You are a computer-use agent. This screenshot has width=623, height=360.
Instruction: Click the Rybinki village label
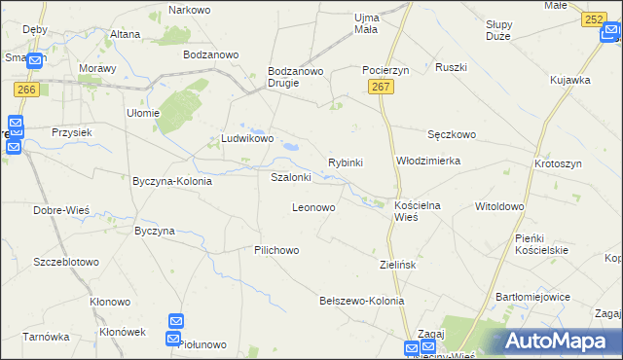click(346, 162)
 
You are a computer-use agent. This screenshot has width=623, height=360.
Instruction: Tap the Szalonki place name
click(290, 178)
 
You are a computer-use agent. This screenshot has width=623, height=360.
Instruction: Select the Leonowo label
click(313, 208)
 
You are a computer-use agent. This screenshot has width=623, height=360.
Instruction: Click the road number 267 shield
click(382, 89)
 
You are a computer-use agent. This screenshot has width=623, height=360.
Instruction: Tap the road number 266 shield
click(26, 90)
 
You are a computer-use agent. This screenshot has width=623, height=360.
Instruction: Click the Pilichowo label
click(276, 250)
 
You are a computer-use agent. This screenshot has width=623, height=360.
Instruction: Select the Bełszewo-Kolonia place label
click(361, 302)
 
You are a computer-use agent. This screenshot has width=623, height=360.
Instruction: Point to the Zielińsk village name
click(398, 264)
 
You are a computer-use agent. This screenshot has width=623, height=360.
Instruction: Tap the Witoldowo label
click(498, 207)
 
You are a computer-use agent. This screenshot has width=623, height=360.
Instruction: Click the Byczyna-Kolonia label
click(172, 181)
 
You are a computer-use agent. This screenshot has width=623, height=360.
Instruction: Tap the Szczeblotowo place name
click(66, 263)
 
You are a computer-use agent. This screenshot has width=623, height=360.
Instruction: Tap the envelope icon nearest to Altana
click(35, 60)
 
